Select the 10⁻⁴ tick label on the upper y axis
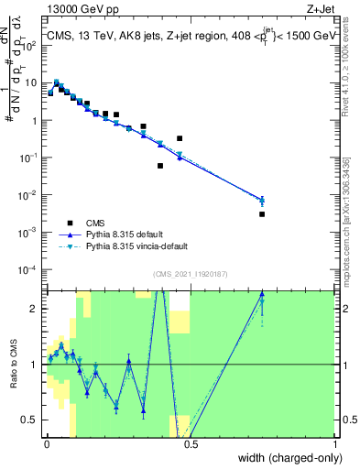[32, 269]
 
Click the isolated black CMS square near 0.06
[160, 166]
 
